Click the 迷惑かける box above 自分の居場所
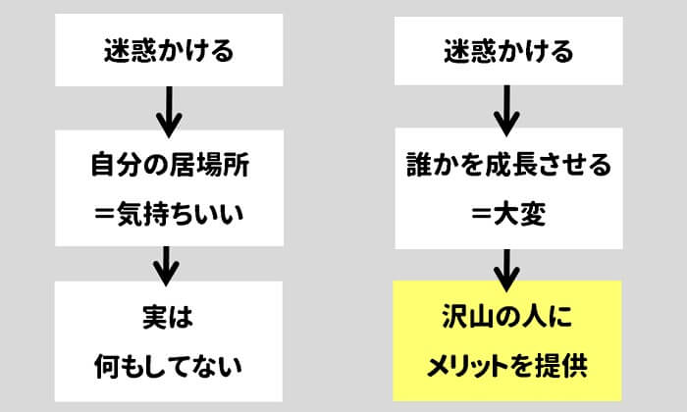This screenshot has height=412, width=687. point(170,50)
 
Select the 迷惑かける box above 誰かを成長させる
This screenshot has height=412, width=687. point(508,50)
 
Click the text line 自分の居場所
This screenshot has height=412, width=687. point(170,165)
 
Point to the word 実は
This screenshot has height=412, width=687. point(170,320)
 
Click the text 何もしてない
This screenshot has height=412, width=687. point(170,366)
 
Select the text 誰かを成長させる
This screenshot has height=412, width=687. point(508,165)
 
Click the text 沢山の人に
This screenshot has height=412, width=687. point(507,320)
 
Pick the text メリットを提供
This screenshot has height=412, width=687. point(507,366)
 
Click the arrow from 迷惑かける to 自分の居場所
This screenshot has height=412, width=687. point(169,111)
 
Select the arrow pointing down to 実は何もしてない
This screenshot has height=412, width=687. point(169,265)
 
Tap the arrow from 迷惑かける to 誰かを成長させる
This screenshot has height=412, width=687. point(507,111)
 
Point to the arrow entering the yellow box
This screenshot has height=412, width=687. point(507,265)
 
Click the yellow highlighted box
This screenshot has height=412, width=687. point(507,341)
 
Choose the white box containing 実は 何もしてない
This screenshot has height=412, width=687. point(170,341)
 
